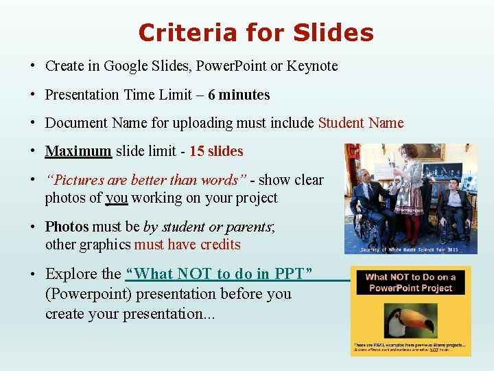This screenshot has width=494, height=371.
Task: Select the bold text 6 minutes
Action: pyautogui.click(x=239, y=95)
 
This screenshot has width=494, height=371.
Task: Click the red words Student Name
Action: pyautogui.click(x=361, y=123)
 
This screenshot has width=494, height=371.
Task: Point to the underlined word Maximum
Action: pyautogui.click(x=78, y=150)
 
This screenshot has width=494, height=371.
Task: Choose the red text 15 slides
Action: pyautogui.click(x=216, y=150)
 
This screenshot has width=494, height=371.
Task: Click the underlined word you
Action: pyautogui.click(x=117, y=198)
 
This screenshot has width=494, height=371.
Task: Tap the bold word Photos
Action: pyautogui.click(x=67, y=226)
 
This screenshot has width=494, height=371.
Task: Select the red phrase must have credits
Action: pyautogui.click(x=187, y=245)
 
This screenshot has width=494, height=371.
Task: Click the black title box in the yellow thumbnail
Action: pyautogui.click(x=410, y=282)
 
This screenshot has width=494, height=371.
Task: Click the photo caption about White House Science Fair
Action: pyautogui.click(x=411, y=249)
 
